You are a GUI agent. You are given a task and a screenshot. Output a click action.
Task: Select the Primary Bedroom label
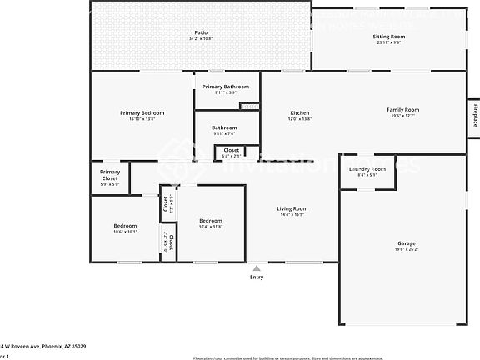[142, 113]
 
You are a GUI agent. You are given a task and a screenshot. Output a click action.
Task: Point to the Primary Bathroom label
[225, 87]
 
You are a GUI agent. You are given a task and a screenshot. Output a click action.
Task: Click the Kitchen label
[300, 113]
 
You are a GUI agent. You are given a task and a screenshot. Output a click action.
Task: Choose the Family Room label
[402, 110]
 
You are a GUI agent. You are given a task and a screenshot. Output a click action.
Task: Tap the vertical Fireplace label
[474, 113]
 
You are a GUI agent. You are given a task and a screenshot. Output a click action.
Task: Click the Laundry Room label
[367, 169]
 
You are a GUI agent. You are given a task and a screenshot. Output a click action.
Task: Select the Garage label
[406, 244]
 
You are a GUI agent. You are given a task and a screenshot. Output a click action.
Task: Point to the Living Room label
[292, 208]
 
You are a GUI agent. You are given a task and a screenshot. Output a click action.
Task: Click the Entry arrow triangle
[257, 268]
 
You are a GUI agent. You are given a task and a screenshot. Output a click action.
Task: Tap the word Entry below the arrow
[257, 277]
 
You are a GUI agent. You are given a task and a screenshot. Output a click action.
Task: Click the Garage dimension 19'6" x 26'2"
[406, 250]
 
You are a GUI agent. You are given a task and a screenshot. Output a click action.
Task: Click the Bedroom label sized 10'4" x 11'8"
[210, 220]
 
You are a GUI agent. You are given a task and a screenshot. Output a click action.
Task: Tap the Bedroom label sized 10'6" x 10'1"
[125, 226]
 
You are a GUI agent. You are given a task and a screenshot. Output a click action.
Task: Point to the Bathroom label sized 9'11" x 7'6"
[224, 127]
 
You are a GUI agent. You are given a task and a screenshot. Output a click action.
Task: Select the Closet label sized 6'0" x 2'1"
[231, 150]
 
